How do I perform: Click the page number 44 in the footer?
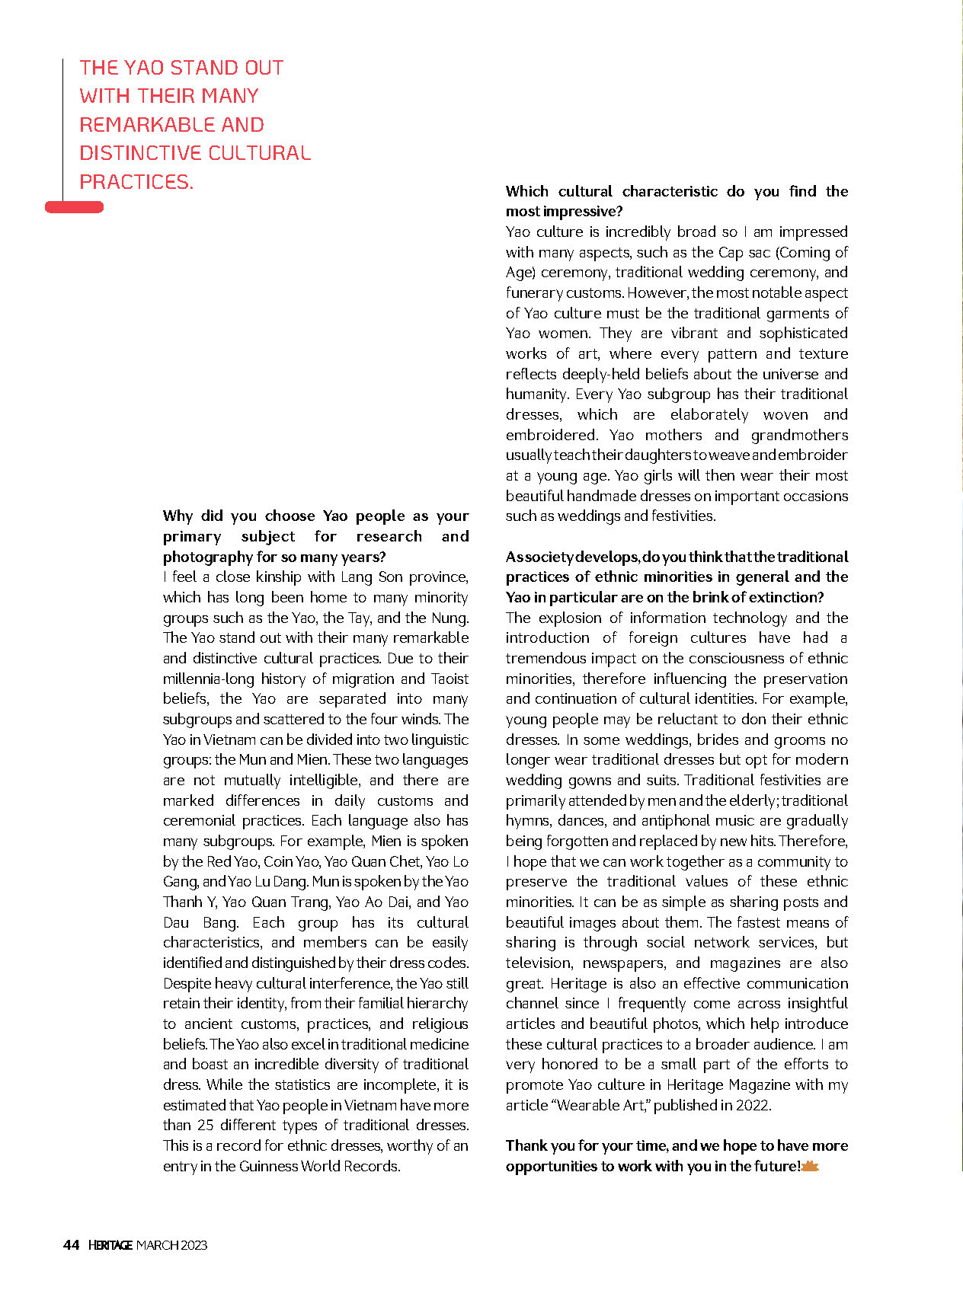click(x=71, y=1245)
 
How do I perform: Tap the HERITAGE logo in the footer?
click(x=110, y=1245)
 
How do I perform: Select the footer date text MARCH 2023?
click(x=171, y=1245)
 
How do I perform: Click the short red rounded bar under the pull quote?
click(x=74, y=207)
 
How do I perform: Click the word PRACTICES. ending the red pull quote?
click(x=136, y=182)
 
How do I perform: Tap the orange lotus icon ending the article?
click(x=810, y=1166)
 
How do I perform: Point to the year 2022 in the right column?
click(x=752, y=1105)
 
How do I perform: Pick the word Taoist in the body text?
click(x=450, y=679)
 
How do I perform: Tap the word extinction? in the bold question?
click(x=786, y=597)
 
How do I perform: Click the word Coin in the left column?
click(x=279, y=861)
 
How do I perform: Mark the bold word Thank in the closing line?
click(x=526, y=1145)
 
